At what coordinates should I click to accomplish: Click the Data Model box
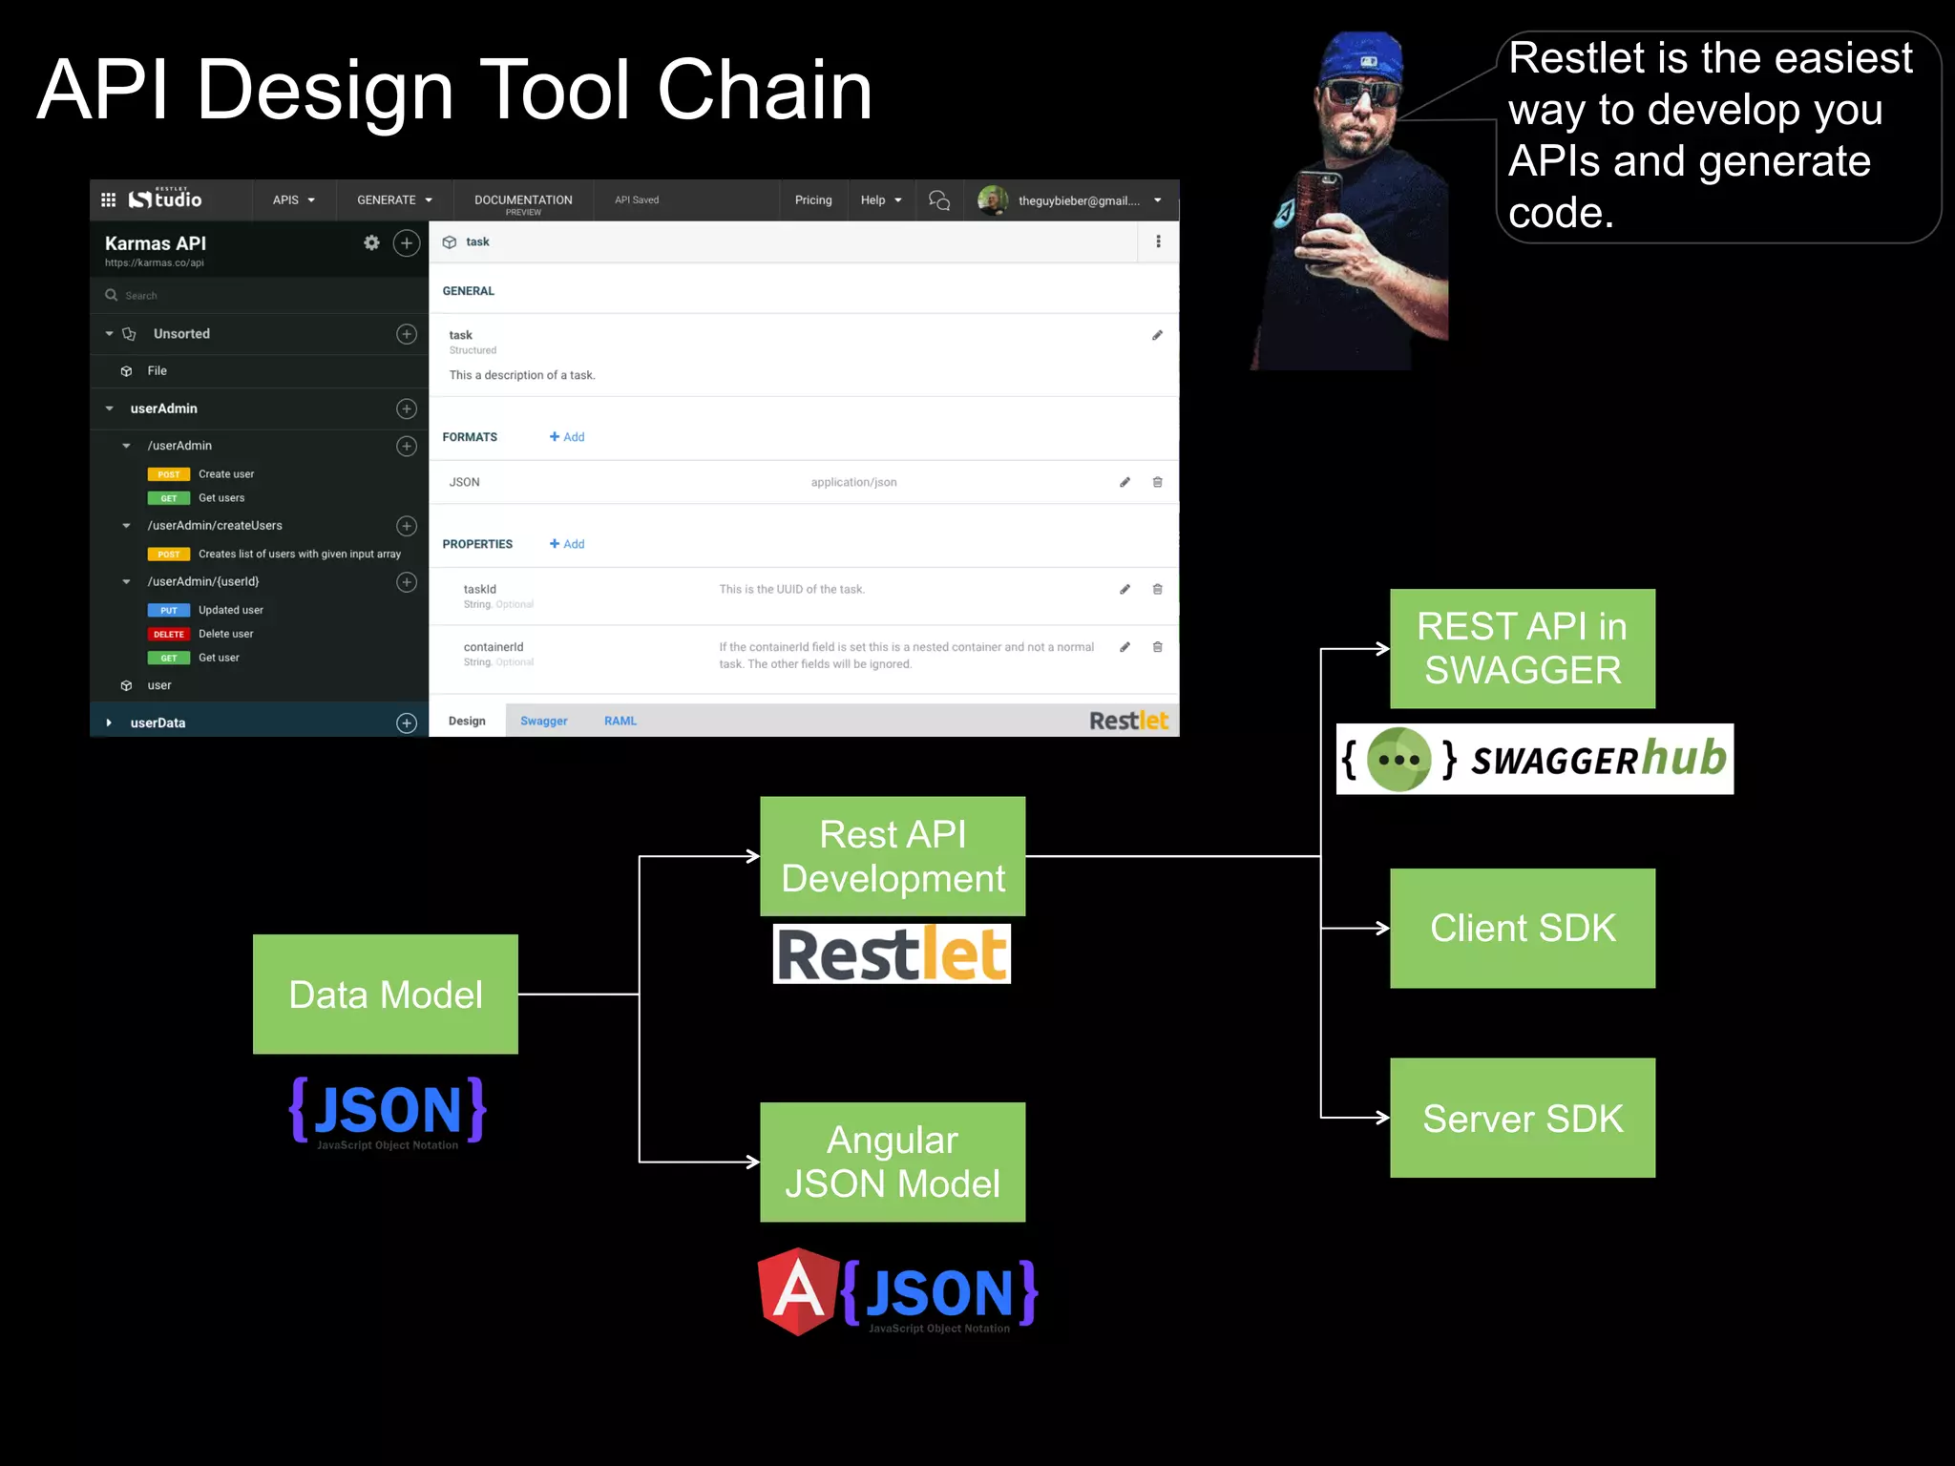(385, 994)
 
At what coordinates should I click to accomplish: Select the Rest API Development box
(893, 856)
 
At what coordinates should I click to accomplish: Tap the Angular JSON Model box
(893, 1162)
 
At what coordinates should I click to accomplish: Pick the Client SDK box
(1523, 928)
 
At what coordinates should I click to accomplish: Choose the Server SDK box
(1523, 1118)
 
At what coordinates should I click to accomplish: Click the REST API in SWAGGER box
(1523, 648)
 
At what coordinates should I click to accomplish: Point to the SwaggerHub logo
(1534, 760)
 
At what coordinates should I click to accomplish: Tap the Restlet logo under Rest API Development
(892, 953)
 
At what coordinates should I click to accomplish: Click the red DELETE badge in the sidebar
(168, 634)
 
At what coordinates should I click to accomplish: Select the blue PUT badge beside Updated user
(168, 610)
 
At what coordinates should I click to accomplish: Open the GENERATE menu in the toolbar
(394, 200)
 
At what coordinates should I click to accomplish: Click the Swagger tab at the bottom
(543, 721)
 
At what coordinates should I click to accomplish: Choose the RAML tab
(620, 721)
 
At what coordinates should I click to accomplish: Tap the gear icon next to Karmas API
(371, 243)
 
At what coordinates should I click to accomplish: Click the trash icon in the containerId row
(1157, 647)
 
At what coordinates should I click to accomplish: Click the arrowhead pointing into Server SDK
(1382, 1118)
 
